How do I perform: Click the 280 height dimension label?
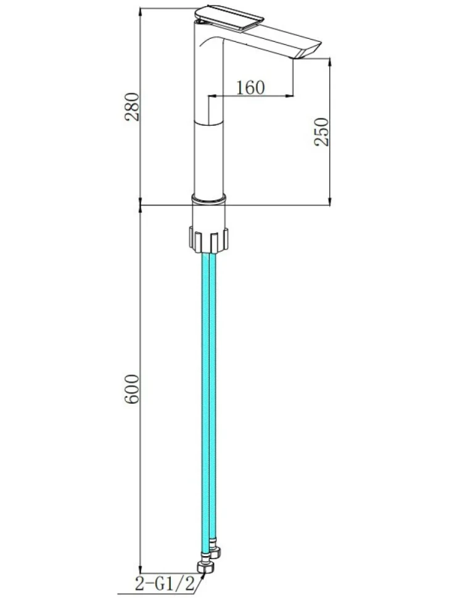(x=133, y=107)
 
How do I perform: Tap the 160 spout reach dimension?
(x=250, y=88)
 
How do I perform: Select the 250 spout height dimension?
(x=321, y=132)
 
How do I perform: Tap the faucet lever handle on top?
(x=229, y=18)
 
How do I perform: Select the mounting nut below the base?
(x=208, y=239)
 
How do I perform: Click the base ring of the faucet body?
(x=208, y=199)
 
